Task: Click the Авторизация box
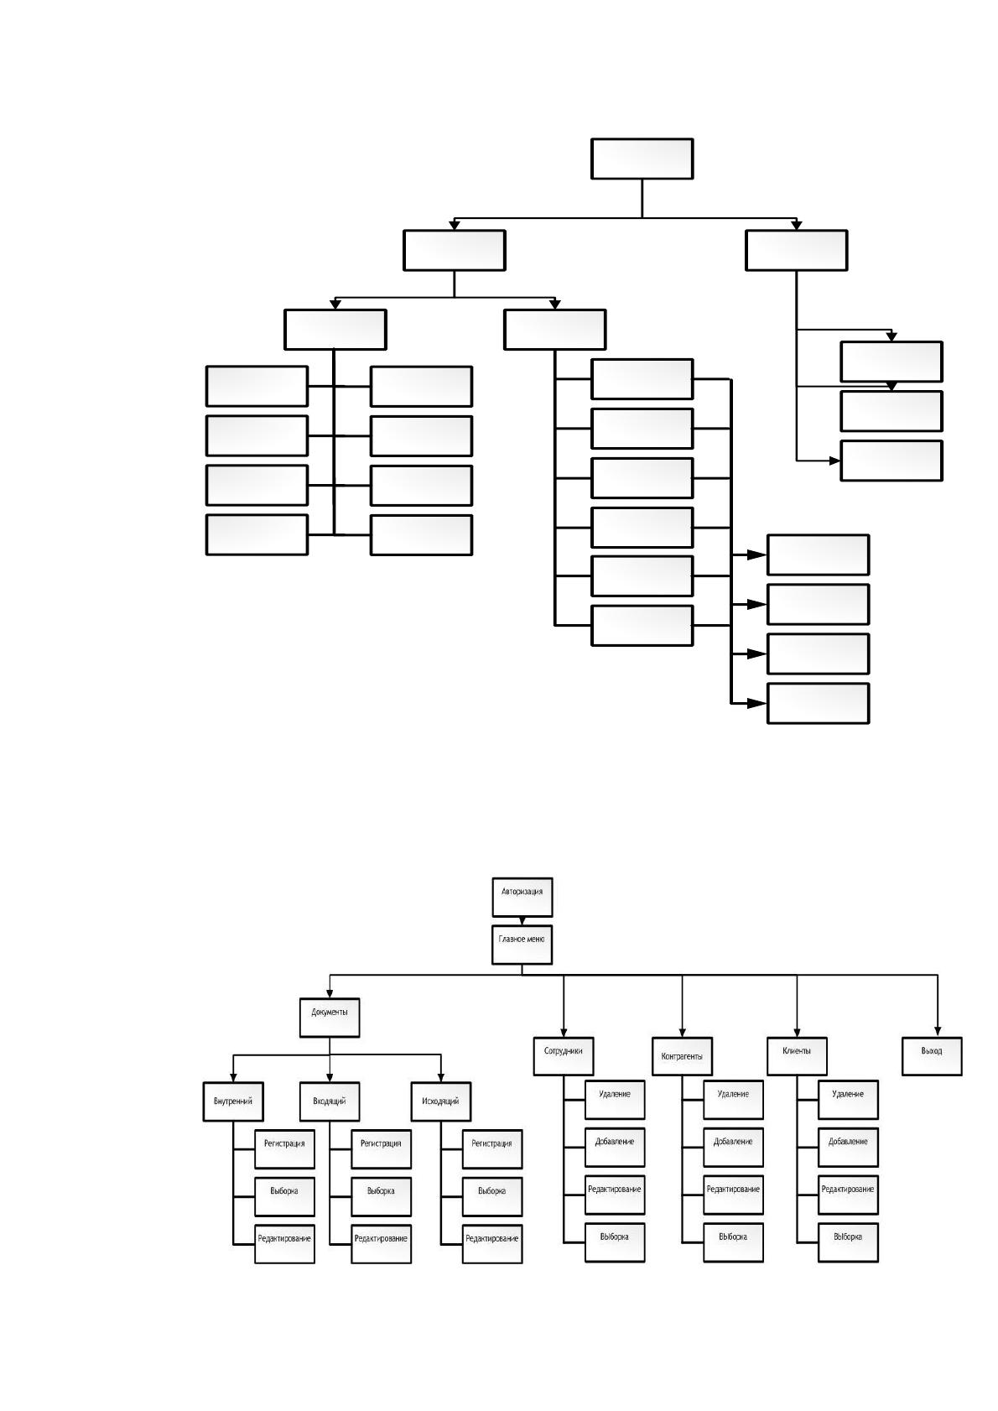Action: tap(522, 897)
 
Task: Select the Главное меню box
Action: tap(522, 945)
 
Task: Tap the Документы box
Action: tap(330, 1018)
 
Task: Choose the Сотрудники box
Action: tap(563, 1055)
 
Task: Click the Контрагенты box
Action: tap(682, 1055)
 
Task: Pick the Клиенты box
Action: tap(797, 1055)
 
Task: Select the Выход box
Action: tap(932, 1055)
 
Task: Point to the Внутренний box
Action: tap(233, 1101)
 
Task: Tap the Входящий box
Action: tap(330, 1101)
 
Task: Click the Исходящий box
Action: tap(441, 1101)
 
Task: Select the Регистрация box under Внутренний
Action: tap(284, 1149)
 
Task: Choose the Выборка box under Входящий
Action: tap(381, 1197)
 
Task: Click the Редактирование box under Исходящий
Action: tap(492, 1244)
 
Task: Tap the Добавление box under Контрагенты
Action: tap(733, 1147)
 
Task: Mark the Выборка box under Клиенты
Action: tap(848, 1242)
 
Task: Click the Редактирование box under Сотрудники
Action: tap(615, 1195)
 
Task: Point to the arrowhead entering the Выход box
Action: tap(938, 1032)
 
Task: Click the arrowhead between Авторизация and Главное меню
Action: tap(522, 921)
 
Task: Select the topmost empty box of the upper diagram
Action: tap(642, 159)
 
